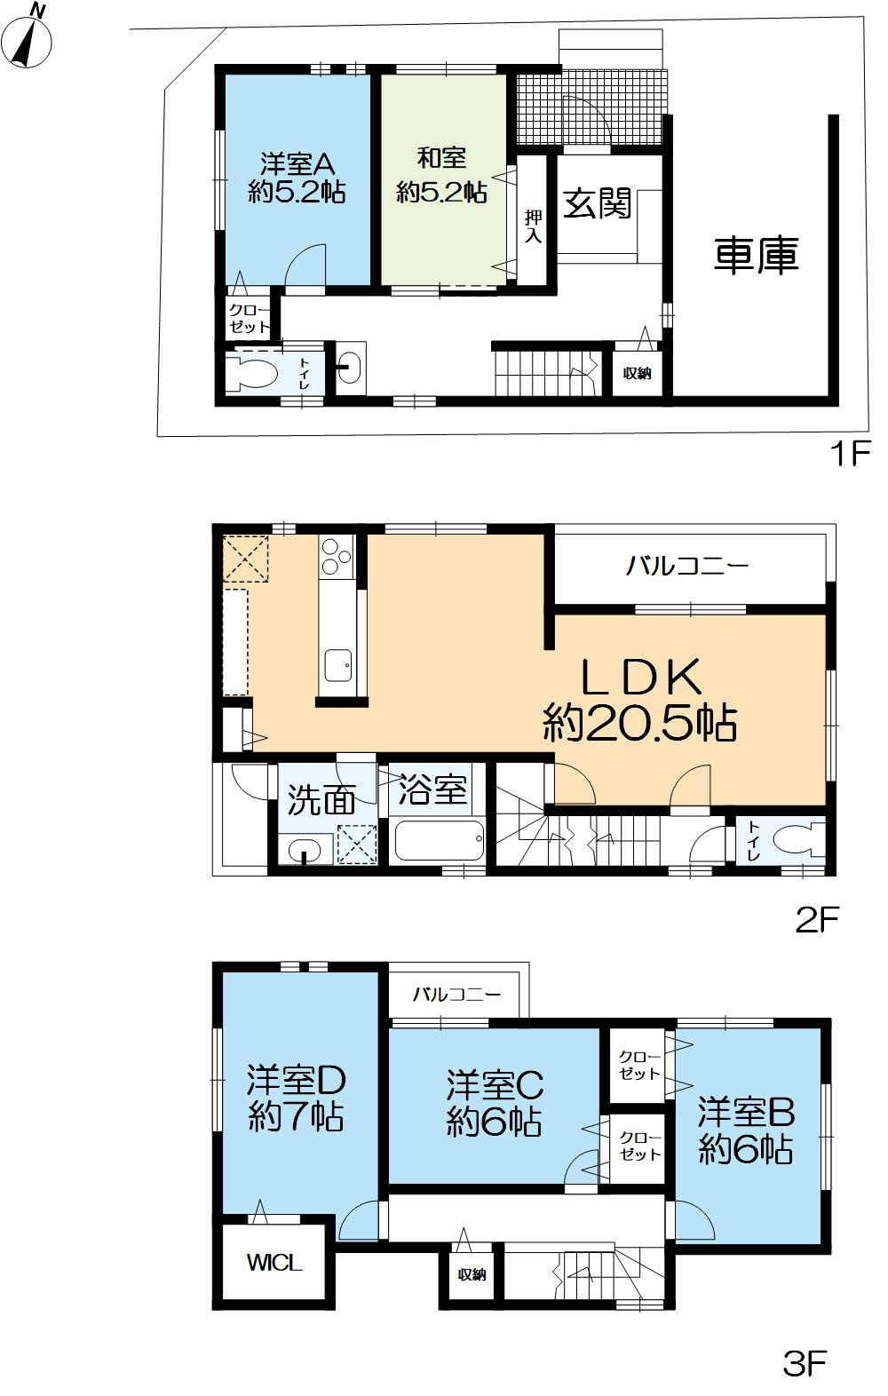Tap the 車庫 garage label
tap(757, 256)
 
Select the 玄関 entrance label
tap(598, 203)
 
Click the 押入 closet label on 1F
tap(533, 226)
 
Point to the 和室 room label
tap(442, 158)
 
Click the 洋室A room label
tap(297, 164)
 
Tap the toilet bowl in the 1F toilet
tap(252, 373)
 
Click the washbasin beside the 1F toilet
tap(351, 368)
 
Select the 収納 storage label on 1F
tap(637, 373)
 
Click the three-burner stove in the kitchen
tap(337, 557)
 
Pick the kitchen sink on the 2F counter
tap(337, 666)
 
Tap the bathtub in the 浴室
tap(440, 841)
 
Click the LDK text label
tap(641, 678)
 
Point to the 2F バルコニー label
tap(686, 567)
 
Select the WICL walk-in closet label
tap(274, 1264)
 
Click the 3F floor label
tap(805, 1364)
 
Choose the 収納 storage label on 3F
tap(472, 1275)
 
